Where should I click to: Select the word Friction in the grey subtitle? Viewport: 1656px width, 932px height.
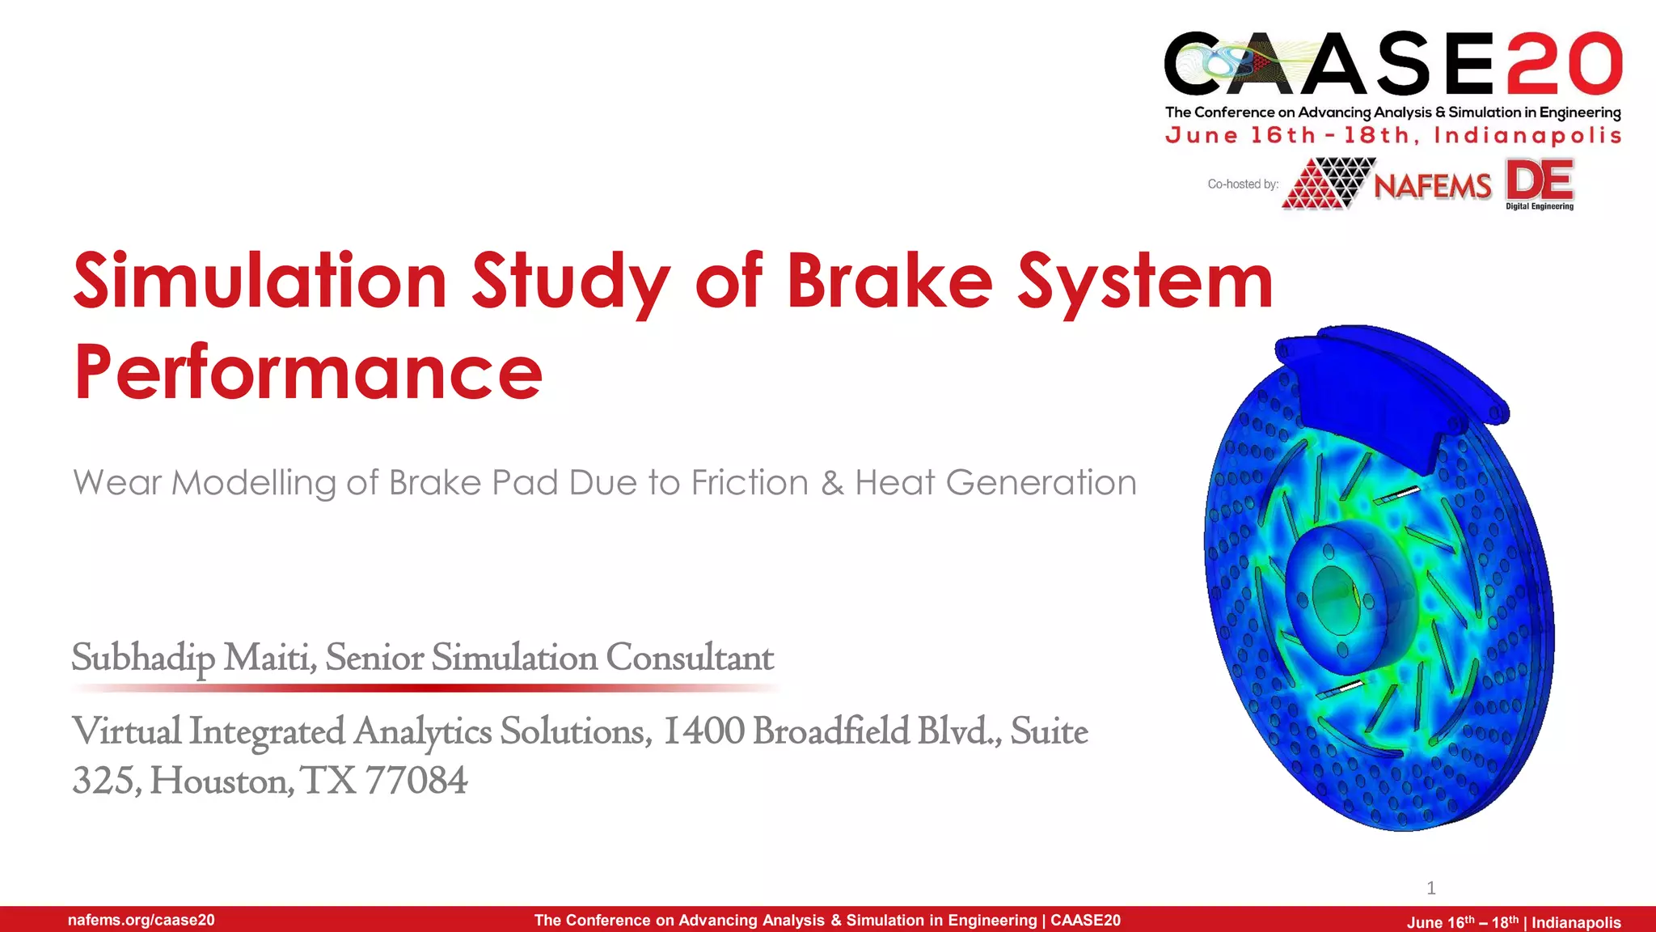[750, 483]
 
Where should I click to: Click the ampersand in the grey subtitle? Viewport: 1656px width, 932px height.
[832, 483]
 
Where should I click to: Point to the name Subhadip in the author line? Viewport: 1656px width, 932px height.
[143, 658]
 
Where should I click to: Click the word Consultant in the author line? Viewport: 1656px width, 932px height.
[690, 658]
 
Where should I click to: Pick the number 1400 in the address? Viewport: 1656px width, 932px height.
[703, 731]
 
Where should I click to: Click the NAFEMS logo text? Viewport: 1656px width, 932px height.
[1433, 186]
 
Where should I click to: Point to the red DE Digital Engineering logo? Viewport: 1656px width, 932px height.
[1540, 184]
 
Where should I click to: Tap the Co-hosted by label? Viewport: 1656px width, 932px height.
[1243, 184]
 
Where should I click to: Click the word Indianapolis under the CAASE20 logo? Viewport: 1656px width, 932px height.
[1527, 136]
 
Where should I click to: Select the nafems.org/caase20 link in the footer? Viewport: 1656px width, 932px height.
[142, 920]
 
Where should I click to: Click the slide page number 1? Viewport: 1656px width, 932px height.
[1431, 888]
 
